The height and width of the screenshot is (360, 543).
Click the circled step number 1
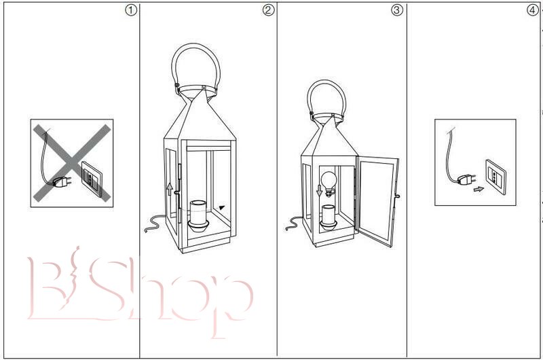(x=131, y=10)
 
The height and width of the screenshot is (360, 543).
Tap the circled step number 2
(x=268, y=10)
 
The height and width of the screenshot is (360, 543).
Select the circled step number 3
(x=397, y=10)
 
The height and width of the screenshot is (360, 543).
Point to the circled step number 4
(x=533, y=10)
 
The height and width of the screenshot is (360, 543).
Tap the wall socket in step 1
(x=92, y=179)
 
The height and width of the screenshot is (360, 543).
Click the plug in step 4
(x=466, y=179)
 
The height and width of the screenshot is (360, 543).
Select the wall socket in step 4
(x=495, y=177)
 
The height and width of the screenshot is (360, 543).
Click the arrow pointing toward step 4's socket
(x=479, y=190)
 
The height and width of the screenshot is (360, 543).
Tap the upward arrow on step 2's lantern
(x=169, y=190)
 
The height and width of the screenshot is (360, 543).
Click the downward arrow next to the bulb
(x=319, y=191)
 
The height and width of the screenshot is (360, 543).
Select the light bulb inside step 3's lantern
(x=329, y=183)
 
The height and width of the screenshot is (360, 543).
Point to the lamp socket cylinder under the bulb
(x=328, y=217)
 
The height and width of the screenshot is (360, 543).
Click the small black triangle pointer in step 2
(x=222, y=208)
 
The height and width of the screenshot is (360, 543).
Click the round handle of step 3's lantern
(x=326, y=99)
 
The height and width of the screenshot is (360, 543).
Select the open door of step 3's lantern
(x=377, y=201)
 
